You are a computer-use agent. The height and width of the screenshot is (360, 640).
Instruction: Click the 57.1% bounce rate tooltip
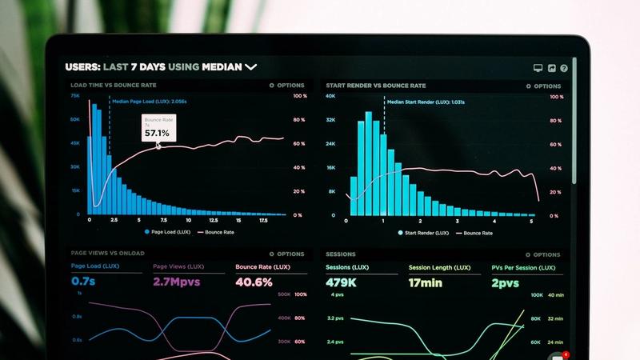click(x=157, y=128)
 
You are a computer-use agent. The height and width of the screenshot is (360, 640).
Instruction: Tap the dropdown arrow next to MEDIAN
click(x=251, y=67)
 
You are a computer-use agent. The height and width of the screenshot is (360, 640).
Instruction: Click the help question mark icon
click(x=564, y=69)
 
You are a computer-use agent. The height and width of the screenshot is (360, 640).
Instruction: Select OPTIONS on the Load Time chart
click(x=286, y=86)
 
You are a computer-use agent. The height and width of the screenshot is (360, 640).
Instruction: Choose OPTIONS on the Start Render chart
click(x=543, y=86)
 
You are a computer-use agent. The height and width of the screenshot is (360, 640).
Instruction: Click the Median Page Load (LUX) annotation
click(x=149, y=102)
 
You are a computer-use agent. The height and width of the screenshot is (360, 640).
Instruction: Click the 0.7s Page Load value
click(x=83, y=282)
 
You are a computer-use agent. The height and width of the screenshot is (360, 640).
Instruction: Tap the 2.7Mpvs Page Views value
click(x=176, y=282)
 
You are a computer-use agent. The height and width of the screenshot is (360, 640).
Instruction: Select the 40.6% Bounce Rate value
click(x=254, y=282)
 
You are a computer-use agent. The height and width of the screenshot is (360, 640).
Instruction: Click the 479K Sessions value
click(x=341, y=282)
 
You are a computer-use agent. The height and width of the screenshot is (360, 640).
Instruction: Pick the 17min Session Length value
click(x=426, y=282)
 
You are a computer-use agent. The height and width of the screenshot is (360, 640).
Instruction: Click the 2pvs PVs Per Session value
click(x=505, y=282)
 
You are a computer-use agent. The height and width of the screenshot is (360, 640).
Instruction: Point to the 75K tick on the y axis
click(x=75, y=96)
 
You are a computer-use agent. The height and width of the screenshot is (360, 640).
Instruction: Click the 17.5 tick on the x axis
click(x=263, y=220)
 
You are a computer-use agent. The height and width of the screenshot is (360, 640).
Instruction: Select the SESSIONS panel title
click(x=341, y=254)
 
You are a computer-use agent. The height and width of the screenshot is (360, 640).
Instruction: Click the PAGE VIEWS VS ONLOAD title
click(x=107, y=254)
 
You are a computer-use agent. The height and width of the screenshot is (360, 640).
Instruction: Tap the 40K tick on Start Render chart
click(x=330, y=96)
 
